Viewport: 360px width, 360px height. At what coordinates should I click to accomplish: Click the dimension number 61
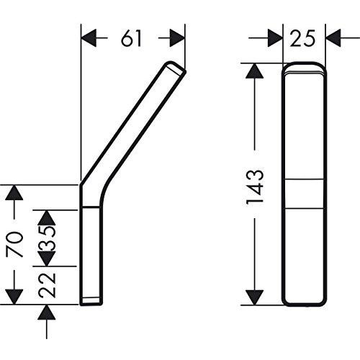pyautogui.click(x=132, y=40)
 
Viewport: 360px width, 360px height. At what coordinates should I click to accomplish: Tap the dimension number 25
pyautogui.click(x=303, y=40)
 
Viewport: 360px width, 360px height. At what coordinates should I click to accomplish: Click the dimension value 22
pyautogui.click(x=48, y=283)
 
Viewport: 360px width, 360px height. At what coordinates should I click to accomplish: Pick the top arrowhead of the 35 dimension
pyautogui.click(x=48, y=217)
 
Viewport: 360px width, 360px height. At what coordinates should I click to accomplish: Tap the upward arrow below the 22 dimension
pyautogui.click(x=48, y=312)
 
